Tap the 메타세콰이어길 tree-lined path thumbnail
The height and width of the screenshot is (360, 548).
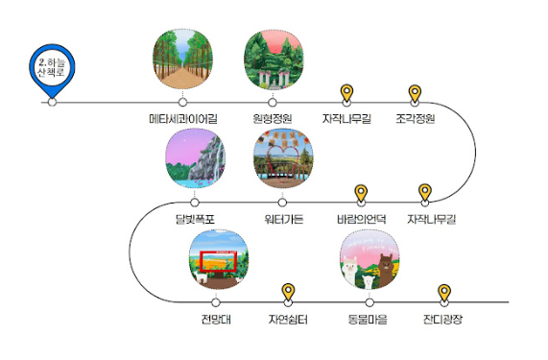(182, 57)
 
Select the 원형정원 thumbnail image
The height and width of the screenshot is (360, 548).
(272, 57)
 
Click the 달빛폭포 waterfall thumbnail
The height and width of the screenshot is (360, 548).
(194, 157)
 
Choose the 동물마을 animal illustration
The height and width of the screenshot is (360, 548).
(369, 258)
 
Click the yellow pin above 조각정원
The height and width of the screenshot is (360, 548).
(416, 93)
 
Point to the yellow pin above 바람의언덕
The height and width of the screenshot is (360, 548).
(362, 194)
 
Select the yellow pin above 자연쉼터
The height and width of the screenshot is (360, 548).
(288, 293)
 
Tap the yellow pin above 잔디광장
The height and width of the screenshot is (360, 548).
(443, 293)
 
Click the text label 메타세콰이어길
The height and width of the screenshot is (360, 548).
(182, 120)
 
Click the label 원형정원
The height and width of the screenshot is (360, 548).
(272, 120)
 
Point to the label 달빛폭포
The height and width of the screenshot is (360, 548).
(194, 220)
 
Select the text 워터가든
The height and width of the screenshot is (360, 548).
(283, 220)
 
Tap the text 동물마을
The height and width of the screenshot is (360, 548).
(369, 319)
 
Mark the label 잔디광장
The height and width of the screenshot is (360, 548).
(443, 319)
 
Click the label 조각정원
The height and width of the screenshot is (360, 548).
(416, 120)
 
